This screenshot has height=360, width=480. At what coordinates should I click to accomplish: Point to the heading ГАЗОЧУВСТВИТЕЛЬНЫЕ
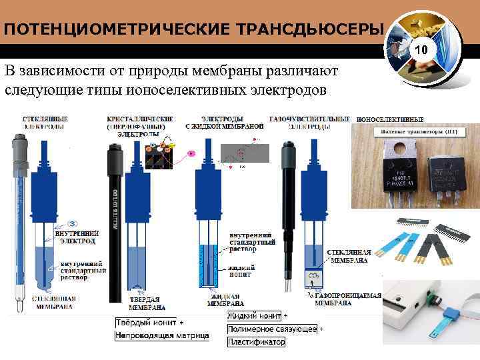tap(309, 119)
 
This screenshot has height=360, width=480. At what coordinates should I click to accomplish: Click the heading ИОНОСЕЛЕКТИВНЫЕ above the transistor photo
tap(390, 119)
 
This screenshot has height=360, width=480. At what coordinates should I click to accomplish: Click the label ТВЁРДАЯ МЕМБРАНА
tap(147, 304)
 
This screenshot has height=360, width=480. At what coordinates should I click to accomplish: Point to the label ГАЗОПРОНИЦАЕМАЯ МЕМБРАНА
tap(343, 299)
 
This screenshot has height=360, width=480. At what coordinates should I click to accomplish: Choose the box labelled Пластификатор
tap(256, 342)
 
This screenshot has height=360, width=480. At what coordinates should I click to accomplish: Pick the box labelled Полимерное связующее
tap(273, 329)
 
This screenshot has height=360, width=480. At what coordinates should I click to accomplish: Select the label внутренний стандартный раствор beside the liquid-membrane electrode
tap(250, 243)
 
